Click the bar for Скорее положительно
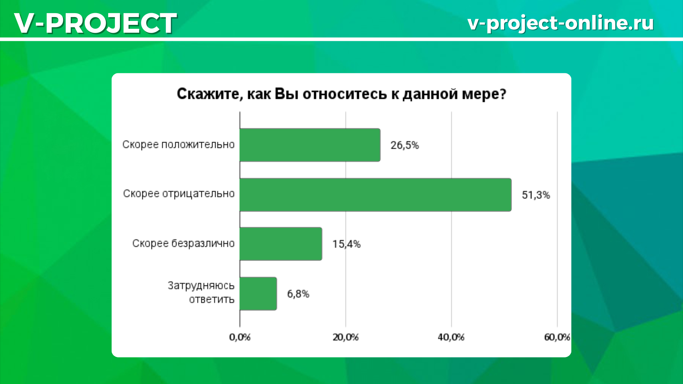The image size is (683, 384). [310, 145]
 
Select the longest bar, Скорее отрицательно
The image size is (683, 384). [376, 195]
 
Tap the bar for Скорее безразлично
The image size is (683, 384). [281, 244]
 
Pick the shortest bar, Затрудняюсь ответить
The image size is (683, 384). [258, 294]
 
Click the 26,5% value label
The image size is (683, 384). [405, 145]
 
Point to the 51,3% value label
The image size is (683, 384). [536, 195]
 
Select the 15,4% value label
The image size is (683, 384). [346, 244]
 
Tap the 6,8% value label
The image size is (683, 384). [298, 294]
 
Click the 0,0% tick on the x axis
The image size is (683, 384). [240, 337]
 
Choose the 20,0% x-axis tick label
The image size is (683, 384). [345, 337]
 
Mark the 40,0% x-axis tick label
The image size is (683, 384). [451, 337]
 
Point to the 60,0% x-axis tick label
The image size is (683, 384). [557, 337]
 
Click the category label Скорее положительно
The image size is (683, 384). [179, 145]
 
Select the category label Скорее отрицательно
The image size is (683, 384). [179, 194]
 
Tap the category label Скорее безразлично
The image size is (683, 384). [184, 244]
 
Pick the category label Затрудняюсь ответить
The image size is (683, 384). [201, 293]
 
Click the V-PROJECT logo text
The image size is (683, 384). [95, 23]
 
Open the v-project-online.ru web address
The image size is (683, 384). [561, 23]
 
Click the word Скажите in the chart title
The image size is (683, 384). [210, 94]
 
